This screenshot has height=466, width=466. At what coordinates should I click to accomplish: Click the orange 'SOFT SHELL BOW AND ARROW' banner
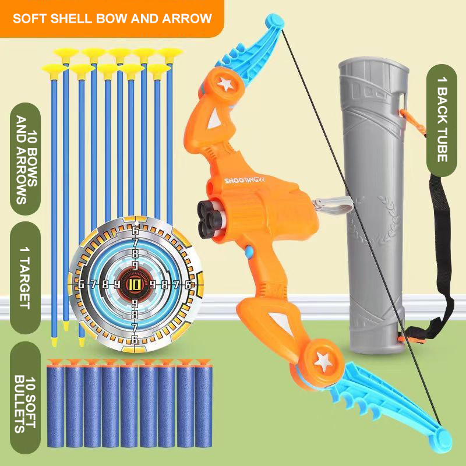tap(112, 19)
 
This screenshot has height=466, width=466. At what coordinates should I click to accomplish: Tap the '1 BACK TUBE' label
tap(442, 121)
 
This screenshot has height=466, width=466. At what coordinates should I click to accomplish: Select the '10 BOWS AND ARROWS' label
tap(26, 159)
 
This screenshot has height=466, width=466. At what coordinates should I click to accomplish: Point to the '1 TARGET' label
tap(26, 278)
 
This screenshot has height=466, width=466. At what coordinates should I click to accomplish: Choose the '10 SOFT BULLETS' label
tap(26, 398)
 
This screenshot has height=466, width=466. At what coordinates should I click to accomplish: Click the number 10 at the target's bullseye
tap(135, 285)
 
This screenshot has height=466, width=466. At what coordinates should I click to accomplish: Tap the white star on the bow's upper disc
tap(225, 84)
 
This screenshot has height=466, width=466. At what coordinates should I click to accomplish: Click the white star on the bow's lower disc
tap(323, 361)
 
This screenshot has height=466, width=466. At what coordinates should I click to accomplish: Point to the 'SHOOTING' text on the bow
tap(244, 181)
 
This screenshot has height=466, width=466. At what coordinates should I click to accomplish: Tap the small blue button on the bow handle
tap(249, 252)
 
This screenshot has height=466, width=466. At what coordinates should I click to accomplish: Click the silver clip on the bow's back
tap(332, 205)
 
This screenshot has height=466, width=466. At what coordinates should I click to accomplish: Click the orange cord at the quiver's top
tap(412, 121)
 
